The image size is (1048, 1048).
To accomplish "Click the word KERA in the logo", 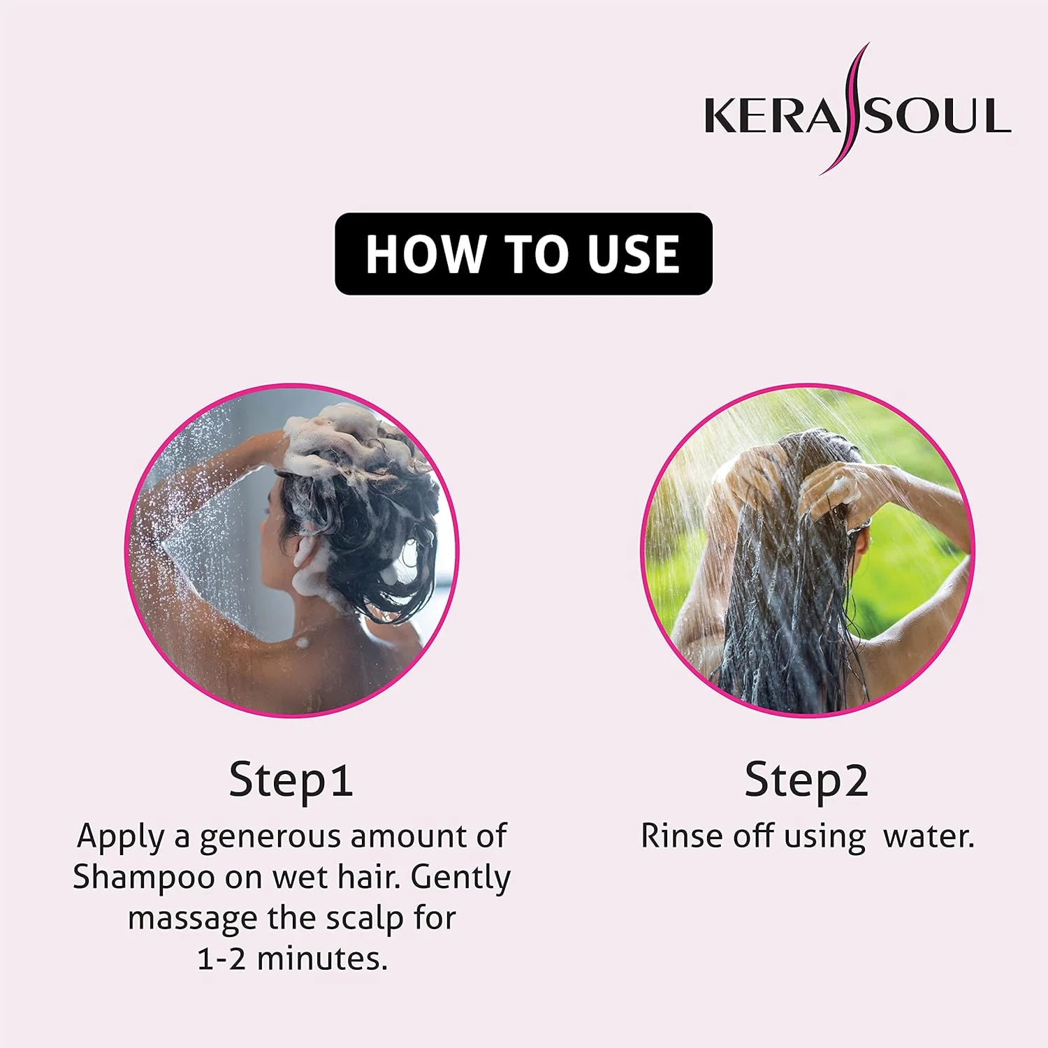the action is coord(773,116).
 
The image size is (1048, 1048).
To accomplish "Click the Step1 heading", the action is coord(291,780).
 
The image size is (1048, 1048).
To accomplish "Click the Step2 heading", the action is coord(806,780).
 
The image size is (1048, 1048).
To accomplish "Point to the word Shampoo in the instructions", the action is coord(144,878).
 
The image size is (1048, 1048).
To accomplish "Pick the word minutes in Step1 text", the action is coord(322,959).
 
